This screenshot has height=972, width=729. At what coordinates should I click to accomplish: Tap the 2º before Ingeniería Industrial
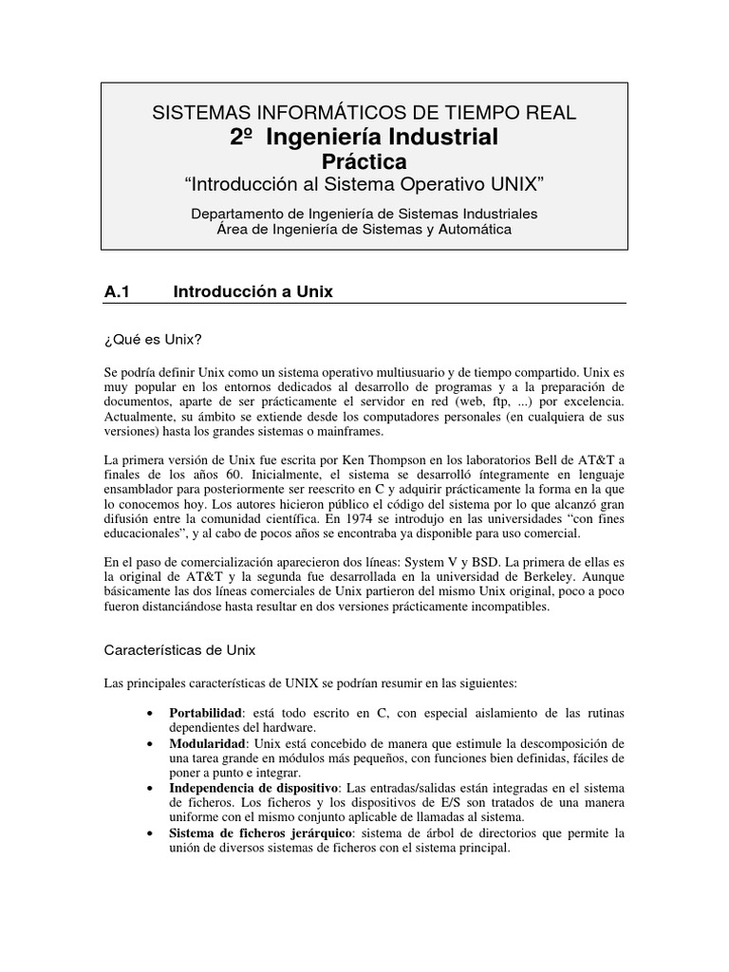pos(243,137)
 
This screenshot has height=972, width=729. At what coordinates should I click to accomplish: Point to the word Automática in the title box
pos(471,229)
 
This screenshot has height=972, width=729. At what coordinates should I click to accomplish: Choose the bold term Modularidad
pos(208,742)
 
